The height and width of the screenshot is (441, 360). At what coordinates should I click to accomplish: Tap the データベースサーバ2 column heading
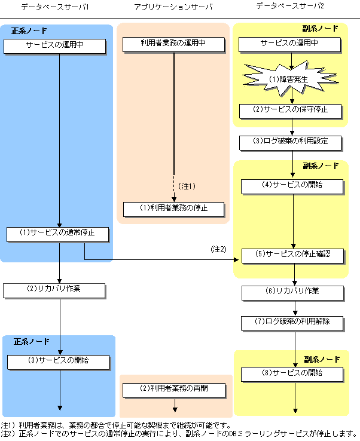pyautogui.click(x=289, y=8)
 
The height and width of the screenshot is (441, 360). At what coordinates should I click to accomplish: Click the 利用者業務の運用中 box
pyautogui.click(x=173, y=44)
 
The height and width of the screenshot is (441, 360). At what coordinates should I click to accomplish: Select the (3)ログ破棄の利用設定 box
pyautogui.click(x=291, y=143)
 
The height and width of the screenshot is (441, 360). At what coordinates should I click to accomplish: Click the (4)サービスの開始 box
pyautogui.click(x=292, y=186)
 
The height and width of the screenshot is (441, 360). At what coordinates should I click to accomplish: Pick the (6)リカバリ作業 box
pyautogui.click(x=292, y=293)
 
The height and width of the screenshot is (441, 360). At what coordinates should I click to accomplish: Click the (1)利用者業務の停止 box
pyautogui.click(x=173, y=209)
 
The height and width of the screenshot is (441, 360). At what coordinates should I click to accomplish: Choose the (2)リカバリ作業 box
pyautogui.click(x=54, y=290)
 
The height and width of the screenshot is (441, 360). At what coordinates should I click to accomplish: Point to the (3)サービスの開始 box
pyautogui.click(x=57, y=362)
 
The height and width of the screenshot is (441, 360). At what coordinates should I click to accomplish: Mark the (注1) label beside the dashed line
pyautogui.click(x=187, y=186)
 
